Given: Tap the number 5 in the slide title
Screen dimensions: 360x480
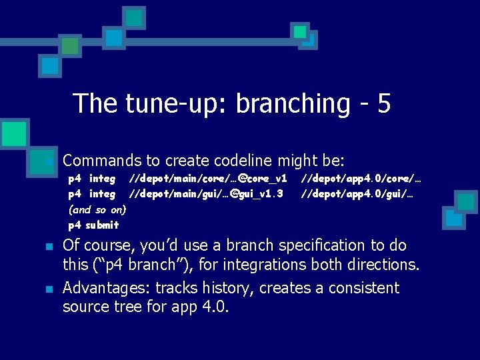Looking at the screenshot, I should [x=383, y=104].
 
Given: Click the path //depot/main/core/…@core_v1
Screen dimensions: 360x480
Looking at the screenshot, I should [x=208, y=179].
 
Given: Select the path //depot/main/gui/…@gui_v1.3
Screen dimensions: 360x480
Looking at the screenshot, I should [x=206, y=194].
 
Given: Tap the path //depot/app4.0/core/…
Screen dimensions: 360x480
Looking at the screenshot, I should [x=361, y=179].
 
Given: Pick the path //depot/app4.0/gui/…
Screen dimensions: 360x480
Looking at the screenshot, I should [x=357, y=194].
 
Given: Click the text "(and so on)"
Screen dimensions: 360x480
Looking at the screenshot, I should [x=97, y=209].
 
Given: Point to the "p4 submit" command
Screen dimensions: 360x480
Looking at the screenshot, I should [x=93, y=225].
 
